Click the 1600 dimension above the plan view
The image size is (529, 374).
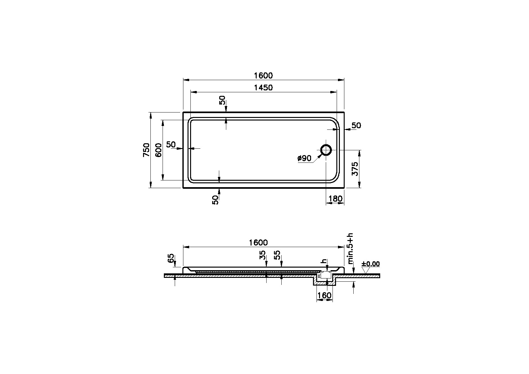(x=263, y=76)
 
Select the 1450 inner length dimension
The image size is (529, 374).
(x=263, y=87)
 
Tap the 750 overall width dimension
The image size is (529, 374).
(x=146, y=150)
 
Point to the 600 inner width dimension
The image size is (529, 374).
(x=158, y=150)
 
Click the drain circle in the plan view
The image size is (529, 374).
(x=326, y=150)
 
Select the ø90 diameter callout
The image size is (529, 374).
(x=304, y=158)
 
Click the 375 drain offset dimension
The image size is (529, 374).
(x=355, y=169)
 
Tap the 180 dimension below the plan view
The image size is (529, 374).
(x=335, y=199)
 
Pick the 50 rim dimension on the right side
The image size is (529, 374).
(x=356, y=126)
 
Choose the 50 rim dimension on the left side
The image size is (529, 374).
(x=171, y=145)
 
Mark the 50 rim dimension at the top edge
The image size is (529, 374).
(x=222, y=100)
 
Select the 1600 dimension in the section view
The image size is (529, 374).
(x=258, y=243)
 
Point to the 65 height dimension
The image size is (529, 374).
(x=171, y=258)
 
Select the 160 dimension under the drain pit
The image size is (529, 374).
(x=325, y=295)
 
